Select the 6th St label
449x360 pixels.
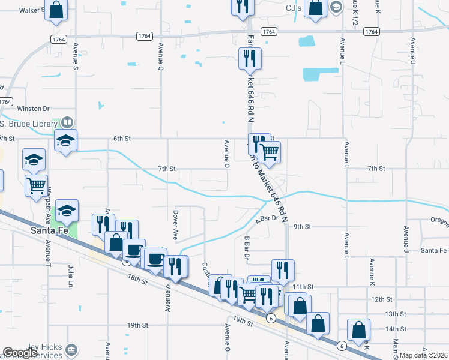122,139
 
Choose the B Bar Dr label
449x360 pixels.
246,247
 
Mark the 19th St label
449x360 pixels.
137,325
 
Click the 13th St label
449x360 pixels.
396,314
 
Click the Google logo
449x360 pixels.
20,353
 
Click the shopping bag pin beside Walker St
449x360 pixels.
56,10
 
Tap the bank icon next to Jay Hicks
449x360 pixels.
71,349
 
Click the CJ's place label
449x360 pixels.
294,8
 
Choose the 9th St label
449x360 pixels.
303,227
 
